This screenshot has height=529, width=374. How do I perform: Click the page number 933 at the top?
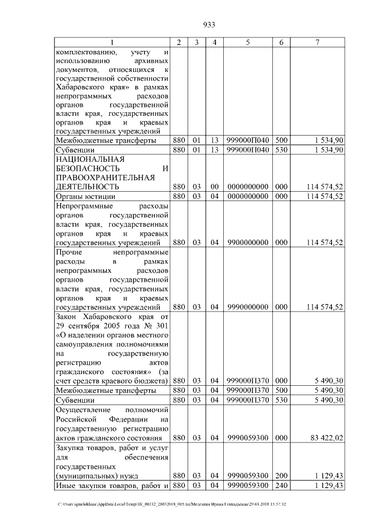[209, 25]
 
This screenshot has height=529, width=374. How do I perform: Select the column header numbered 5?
[248, 42]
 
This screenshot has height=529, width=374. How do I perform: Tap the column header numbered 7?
[317, 42]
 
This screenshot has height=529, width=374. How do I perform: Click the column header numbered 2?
[179, 42]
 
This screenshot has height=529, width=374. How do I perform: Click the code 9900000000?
[248, 242]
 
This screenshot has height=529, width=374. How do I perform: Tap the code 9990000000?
[248, 307]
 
